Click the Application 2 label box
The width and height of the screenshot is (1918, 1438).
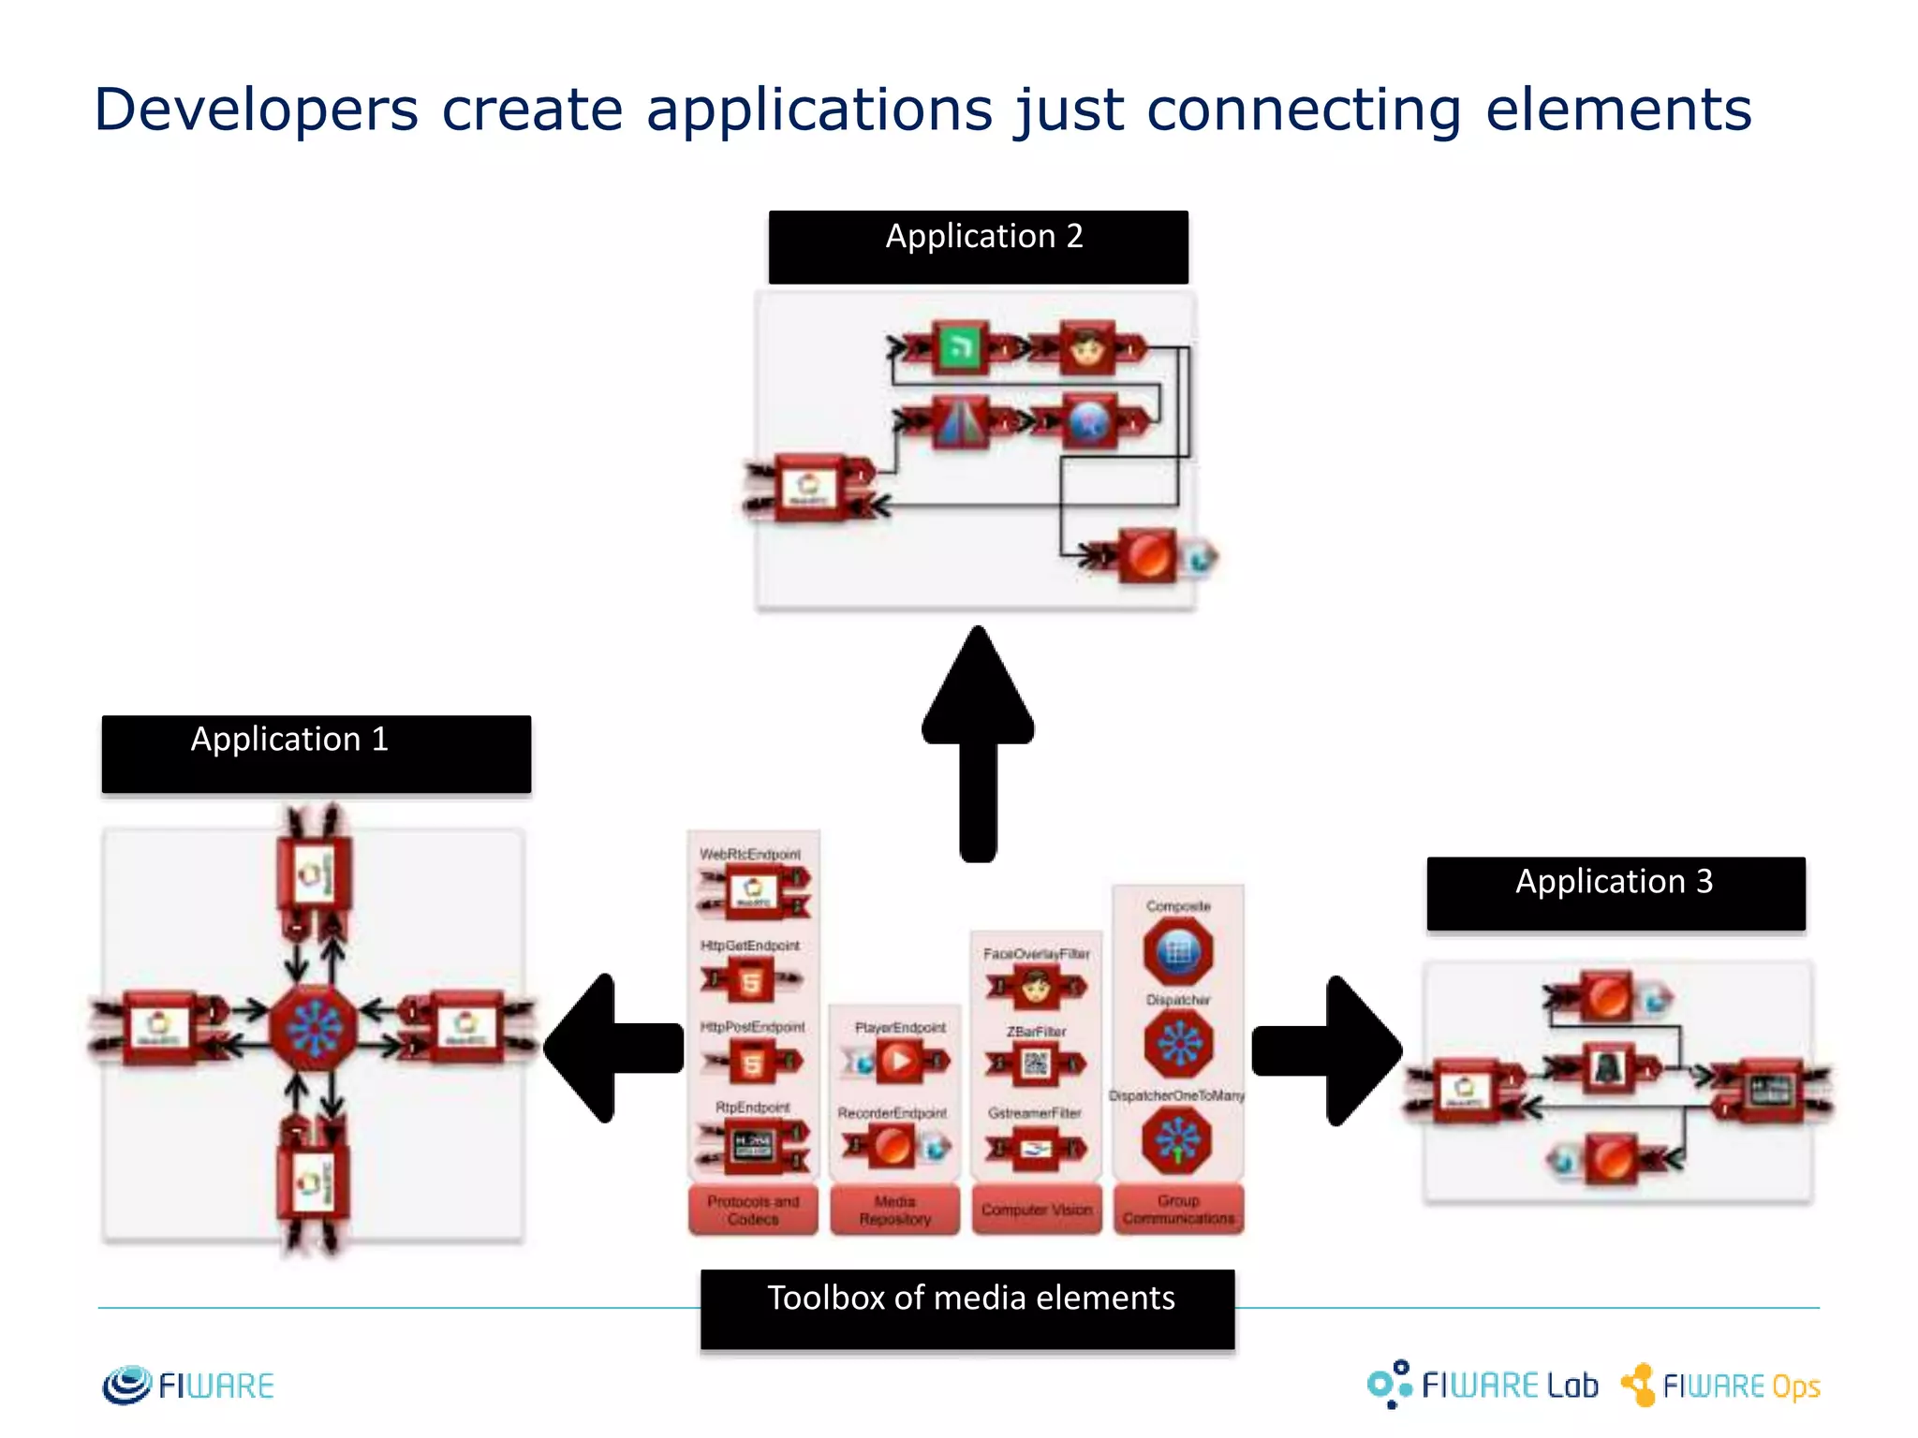click(x=978, y=247)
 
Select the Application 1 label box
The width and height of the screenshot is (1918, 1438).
click(x=316, y=754)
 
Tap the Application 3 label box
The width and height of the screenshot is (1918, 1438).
click(x=1616, y=893)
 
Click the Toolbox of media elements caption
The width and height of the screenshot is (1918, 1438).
click(x=967, y=1308)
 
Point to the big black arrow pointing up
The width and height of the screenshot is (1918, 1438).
click(x=978, y=740)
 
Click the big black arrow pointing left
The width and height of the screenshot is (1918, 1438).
click(x=613, y=1048)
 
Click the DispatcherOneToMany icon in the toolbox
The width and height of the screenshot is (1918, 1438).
click(x=1177, y=1140)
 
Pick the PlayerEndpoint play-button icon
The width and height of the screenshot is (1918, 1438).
click(x=900, y=1062)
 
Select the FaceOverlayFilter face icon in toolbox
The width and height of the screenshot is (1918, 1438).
click(x=1036, y=986)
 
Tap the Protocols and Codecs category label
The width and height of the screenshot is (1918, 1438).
click(x=753, y=1210)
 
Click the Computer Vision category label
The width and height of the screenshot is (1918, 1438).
click(x=1037, y=1210)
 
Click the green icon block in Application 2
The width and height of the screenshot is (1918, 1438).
click(x=959, y=348)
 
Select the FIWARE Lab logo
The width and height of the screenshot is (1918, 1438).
click(x=1483, y=1385)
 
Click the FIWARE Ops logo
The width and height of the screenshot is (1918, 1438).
click(x=1721, y=1385)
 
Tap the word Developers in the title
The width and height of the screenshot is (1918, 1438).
click(x=256, y=110)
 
